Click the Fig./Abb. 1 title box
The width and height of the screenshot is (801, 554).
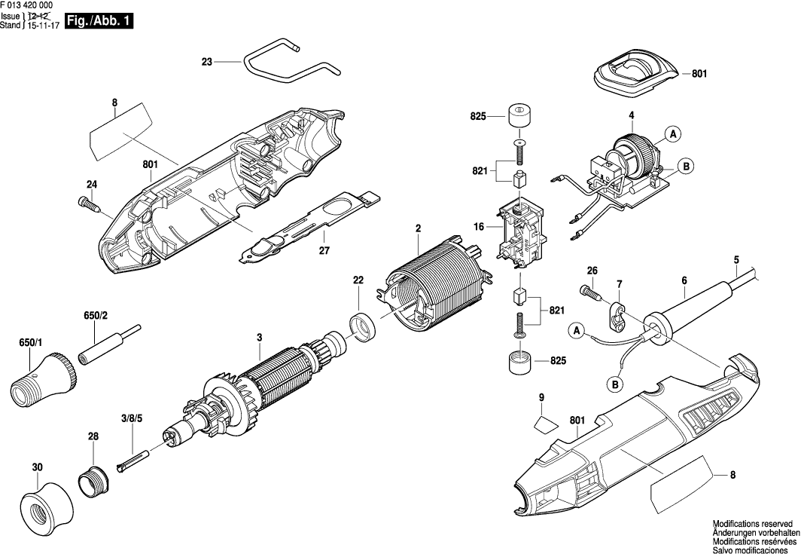click(99, 22)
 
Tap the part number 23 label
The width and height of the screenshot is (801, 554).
click(207, 63)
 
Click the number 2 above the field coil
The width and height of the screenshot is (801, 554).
click(417, 227)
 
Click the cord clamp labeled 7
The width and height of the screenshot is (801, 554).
click(617, 314)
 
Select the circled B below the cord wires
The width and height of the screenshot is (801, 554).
click(616, 385)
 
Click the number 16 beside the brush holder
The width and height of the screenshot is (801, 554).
click(480, 226)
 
